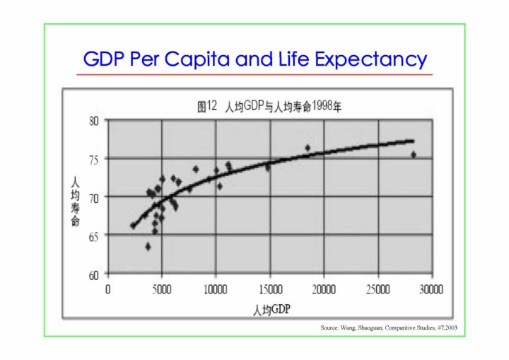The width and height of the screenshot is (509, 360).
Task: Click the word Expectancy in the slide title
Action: (x=370, y=59)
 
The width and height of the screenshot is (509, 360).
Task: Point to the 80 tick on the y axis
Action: (x=93, y=120)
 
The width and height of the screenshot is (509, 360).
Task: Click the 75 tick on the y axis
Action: (x=93, y=159)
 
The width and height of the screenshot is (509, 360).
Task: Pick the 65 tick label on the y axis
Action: (x=93, y=236)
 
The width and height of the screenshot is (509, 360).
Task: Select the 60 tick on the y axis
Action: (x=93, y=275)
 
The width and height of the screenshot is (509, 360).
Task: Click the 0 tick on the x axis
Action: (x=108, y=289)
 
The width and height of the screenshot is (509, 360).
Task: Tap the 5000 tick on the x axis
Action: (x=162, y=289)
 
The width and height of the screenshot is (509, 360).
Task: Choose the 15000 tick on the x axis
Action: (x=269, y=289)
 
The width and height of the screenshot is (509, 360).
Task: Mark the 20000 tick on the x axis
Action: (x=324, y=289)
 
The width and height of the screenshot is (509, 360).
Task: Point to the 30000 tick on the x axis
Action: (x=431, y=289)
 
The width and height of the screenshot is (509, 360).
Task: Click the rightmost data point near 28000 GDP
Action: (x=414, y=154)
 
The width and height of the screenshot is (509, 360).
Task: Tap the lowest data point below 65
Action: (x=148, y=246)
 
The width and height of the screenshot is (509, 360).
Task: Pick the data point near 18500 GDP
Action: (x=308, y=148)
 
